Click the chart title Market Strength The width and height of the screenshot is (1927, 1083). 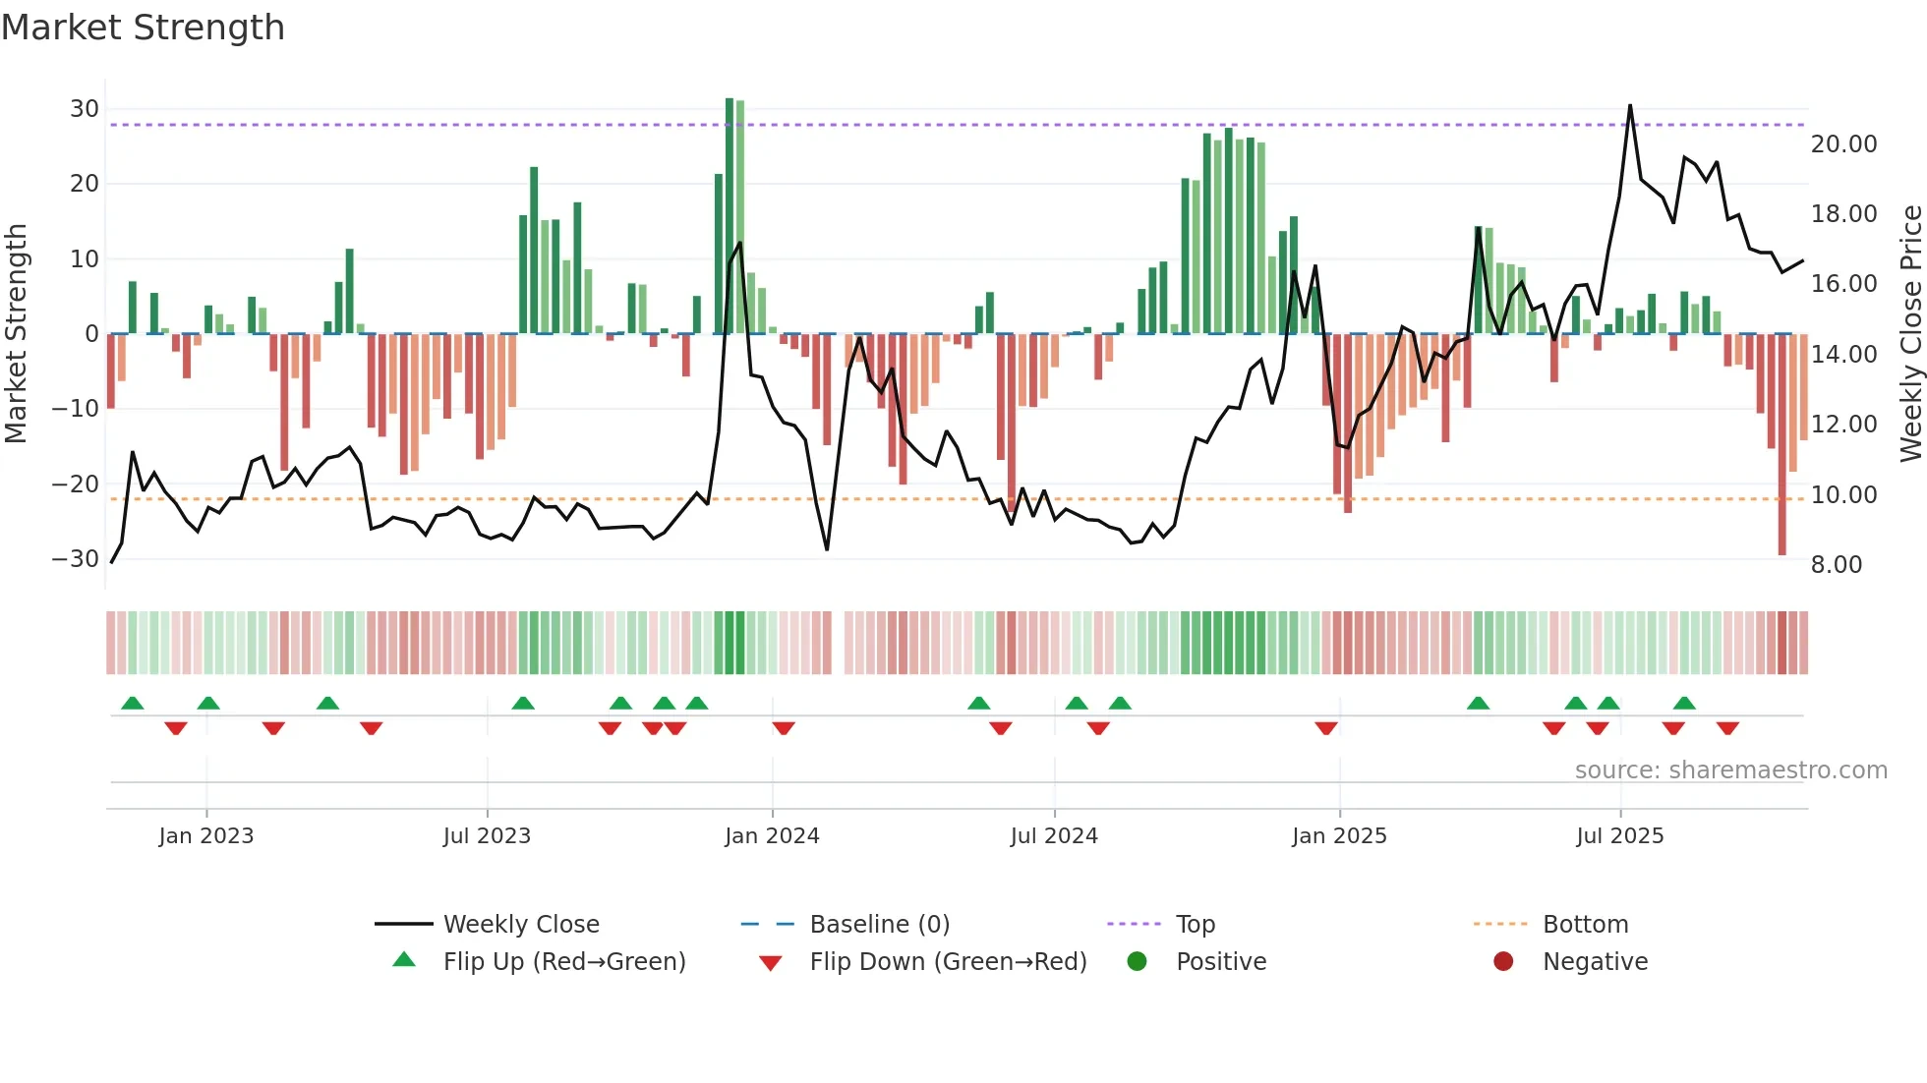(x=143, y=28)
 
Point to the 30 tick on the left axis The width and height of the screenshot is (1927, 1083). (x=85, y=109)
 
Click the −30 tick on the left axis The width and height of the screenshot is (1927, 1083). (x=76, y=559)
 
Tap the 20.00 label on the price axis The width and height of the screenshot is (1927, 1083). (x=1844, y=144)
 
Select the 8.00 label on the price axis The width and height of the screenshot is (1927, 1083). (x=1837, y=565)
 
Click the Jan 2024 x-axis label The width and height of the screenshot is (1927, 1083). (x=772, y=836)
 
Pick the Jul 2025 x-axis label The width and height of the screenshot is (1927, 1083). (x=1619, y=836)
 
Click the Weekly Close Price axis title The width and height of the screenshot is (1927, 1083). (x=1910, y=333)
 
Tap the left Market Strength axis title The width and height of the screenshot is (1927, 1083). (x=16, y=333)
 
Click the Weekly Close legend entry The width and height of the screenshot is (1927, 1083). (x=520, y=925)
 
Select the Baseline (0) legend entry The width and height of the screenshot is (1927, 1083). (x=879, y=925)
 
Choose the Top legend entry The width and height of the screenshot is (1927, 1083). (x=1195, y=925)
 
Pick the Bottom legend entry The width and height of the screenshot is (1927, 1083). (x=1585, y=925)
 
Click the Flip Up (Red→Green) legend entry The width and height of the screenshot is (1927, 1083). (x=563, y=962)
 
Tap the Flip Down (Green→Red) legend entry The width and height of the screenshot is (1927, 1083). (x=948, y=962)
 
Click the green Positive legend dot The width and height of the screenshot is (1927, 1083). (x=1138, y=962)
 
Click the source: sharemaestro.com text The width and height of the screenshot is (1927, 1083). (x=1730, y=770)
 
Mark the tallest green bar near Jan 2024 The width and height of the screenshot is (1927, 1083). (x=730, y=216)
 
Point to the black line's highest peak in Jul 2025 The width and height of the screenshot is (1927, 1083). (x=1630, y=106)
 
